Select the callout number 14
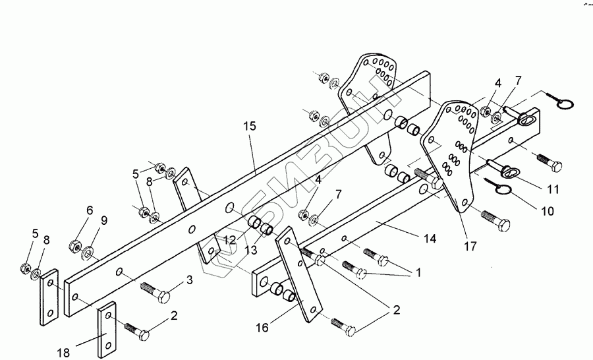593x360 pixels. click(x=430, y=239)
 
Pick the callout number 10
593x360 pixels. click(x=547, y=212)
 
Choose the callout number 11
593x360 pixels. click(x=553, y=190)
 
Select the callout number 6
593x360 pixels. click(x=90, y=210)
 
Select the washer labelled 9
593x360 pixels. click(x=88, y=251)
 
